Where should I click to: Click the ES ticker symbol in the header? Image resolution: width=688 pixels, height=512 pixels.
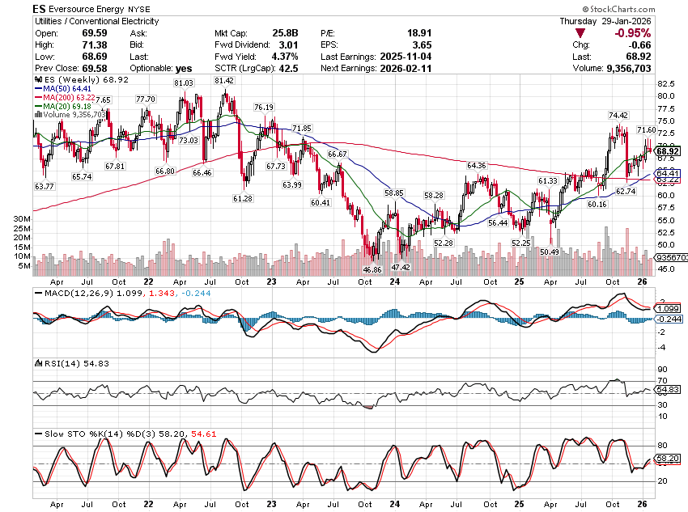coord(40,7)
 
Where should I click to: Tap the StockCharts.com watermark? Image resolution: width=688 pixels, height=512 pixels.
coord(643,8)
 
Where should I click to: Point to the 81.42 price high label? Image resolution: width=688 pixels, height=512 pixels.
coord(224,81)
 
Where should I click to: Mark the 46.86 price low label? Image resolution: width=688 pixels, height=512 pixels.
coord(372,269)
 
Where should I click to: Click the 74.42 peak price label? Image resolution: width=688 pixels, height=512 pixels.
coord(618,115)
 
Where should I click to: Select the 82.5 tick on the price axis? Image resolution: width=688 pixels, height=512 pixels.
coord(666,83)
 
